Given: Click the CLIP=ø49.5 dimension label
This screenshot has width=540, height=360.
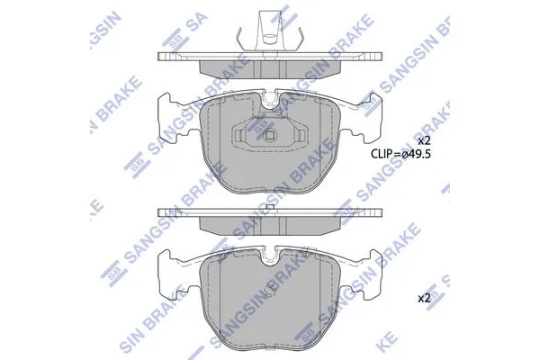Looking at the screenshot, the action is (400, 154).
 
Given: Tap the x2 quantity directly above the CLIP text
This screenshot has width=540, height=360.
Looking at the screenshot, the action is (424, 140).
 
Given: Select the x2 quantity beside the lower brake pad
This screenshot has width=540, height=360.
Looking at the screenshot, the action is (424, 298).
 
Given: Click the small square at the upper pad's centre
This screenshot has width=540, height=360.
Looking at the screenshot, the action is (270, 135).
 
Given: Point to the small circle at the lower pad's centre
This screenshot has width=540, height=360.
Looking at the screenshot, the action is (271, 291).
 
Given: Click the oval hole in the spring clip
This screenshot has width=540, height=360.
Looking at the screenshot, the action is (270, 35).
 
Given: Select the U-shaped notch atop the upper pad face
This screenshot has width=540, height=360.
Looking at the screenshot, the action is (270, 100).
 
